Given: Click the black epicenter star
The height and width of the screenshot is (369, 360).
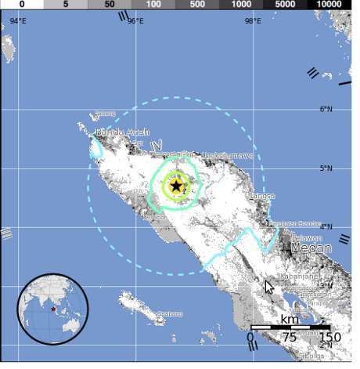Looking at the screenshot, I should coord(176,186).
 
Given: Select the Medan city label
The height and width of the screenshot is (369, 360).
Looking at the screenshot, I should coord(311,248).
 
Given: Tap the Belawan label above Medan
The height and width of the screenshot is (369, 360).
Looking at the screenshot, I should coord(308,237).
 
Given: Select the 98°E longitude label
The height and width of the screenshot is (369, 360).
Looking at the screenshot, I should coord(252,21).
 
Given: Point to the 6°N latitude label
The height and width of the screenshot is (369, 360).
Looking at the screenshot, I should coord(326,109).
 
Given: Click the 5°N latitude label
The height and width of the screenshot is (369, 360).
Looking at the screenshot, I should coord(326,168).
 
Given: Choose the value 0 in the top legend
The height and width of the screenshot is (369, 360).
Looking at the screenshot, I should coord(22,5).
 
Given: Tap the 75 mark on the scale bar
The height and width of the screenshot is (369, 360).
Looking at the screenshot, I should coord(290,338).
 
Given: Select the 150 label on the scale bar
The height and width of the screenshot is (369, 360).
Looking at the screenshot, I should coord(330,338).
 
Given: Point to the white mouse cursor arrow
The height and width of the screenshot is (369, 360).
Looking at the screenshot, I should coord(269,287).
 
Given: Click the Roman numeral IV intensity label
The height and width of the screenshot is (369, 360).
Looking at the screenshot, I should coord(157,146).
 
